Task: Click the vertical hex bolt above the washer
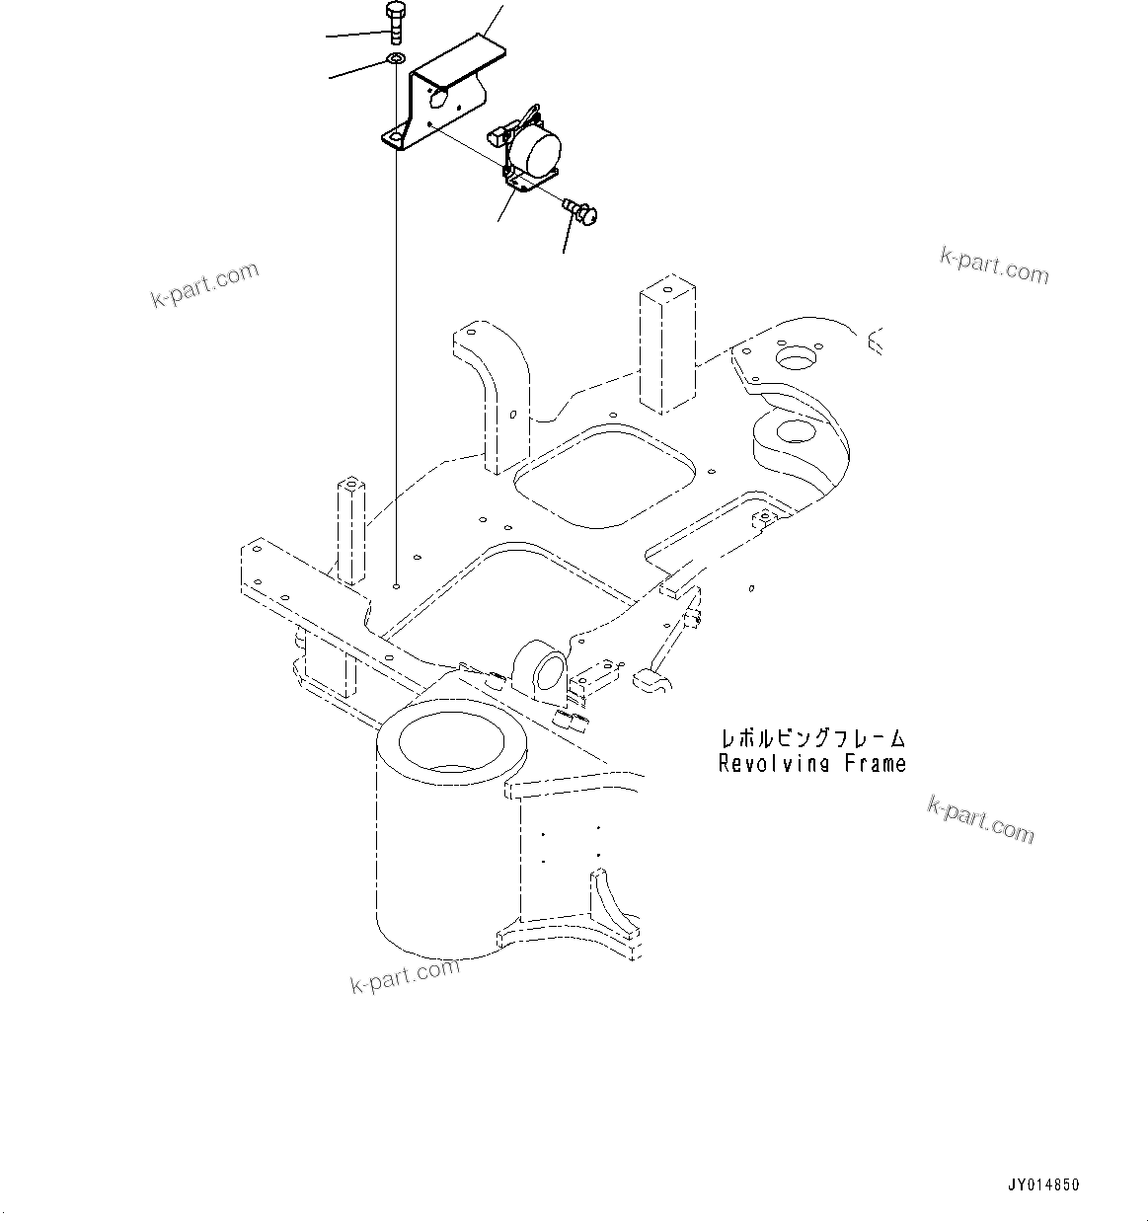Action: [x=393, y=22]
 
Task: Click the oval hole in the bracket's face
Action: [x=440, y=97]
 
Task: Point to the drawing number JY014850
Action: [x=1042, y=1183]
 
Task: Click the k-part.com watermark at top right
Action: [x=993, y=265]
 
